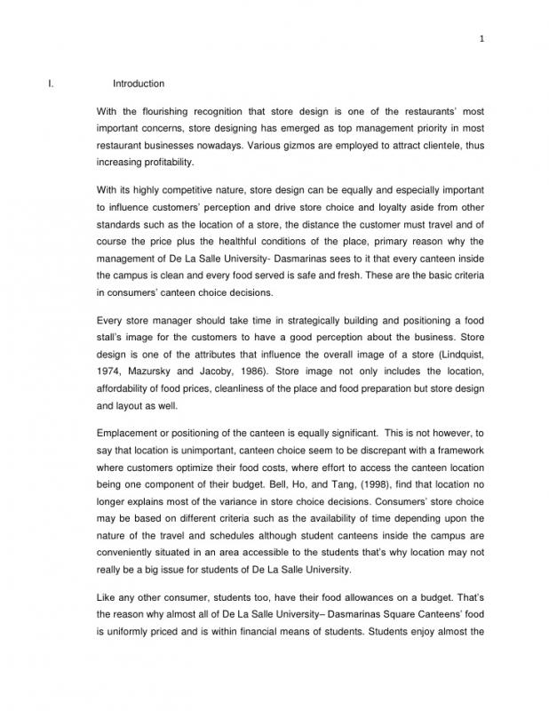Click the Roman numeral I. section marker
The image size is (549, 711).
51,84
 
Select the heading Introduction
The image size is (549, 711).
138,84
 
